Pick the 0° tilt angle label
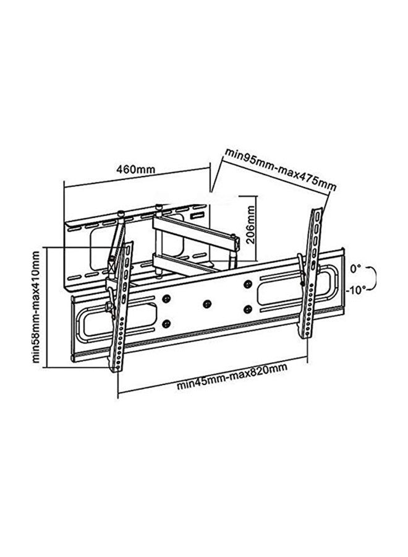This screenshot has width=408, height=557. (354, 269)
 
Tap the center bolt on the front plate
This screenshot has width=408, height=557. (207, 304)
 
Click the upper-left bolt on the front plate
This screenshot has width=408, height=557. (166, 299)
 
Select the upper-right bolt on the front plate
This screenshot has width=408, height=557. (247, 285)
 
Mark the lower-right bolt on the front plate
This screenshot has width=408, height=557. (247, 308)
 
